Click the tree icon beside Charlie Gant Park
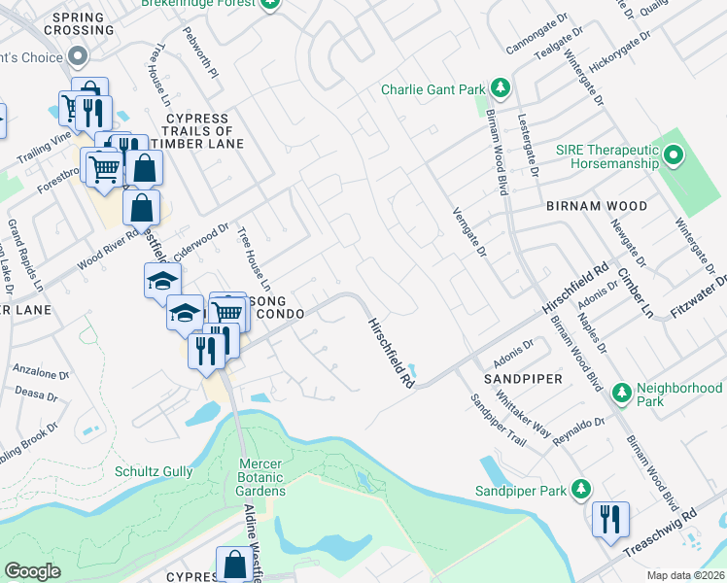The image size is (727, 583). pyautogui.click(x=501, y=89)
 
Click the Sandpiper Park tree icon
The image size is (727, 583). pyautogui.click(x=581, y=488)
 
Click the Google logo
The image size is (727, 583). pyautogui.click(x=32, y=570)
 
